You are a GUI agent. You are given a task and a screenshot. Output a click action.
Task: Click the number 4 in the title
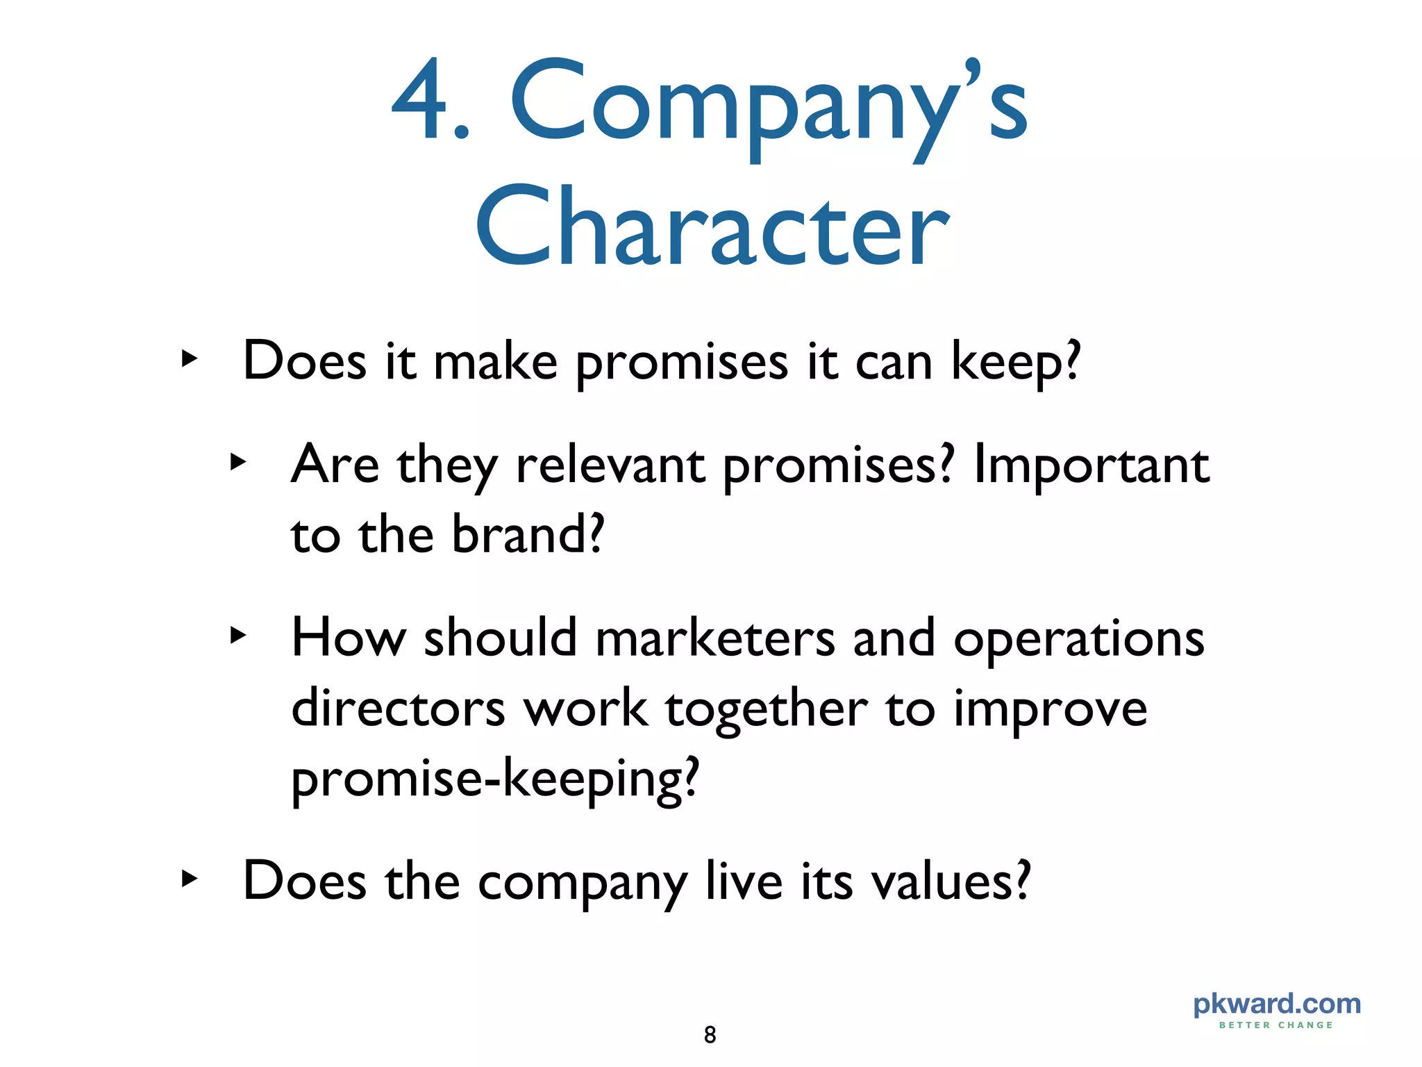point(421,101)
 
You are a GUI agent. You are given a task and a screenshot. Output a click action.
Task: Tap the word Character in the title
point(712,227)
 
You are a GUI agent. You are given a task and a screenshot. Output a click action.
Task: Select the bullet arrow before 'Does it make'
point(189,360)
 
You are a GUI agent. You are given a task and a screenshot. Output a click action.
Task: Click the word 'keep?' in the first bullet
point(1016,363)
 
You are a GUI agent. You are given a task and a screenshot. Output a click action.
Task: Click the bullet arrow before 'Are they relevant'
point(238,462)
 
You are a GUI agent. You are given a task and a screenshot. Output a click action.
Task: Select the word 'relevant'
point(610,465)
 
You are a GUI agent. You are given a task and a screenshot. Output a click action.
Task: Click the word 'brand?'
point(528,535)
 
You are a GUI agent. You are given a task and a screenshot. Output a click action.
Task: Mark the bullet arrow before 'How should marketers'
point(238,635)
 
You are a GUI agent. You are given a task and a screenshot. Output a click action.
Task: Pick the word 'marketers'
point(715,638)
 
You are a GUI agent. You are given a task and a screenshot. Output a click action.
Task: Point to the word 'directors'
point(398,709)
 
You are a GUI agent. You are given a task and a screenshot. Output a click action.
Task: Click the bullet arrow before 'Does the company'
point(189,879)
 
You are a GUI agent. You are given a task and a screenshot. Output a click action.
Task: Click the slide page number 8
point(710,1035)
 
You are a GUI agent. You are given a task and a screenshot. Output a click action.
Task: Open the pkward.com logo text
point(1277,1004)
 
